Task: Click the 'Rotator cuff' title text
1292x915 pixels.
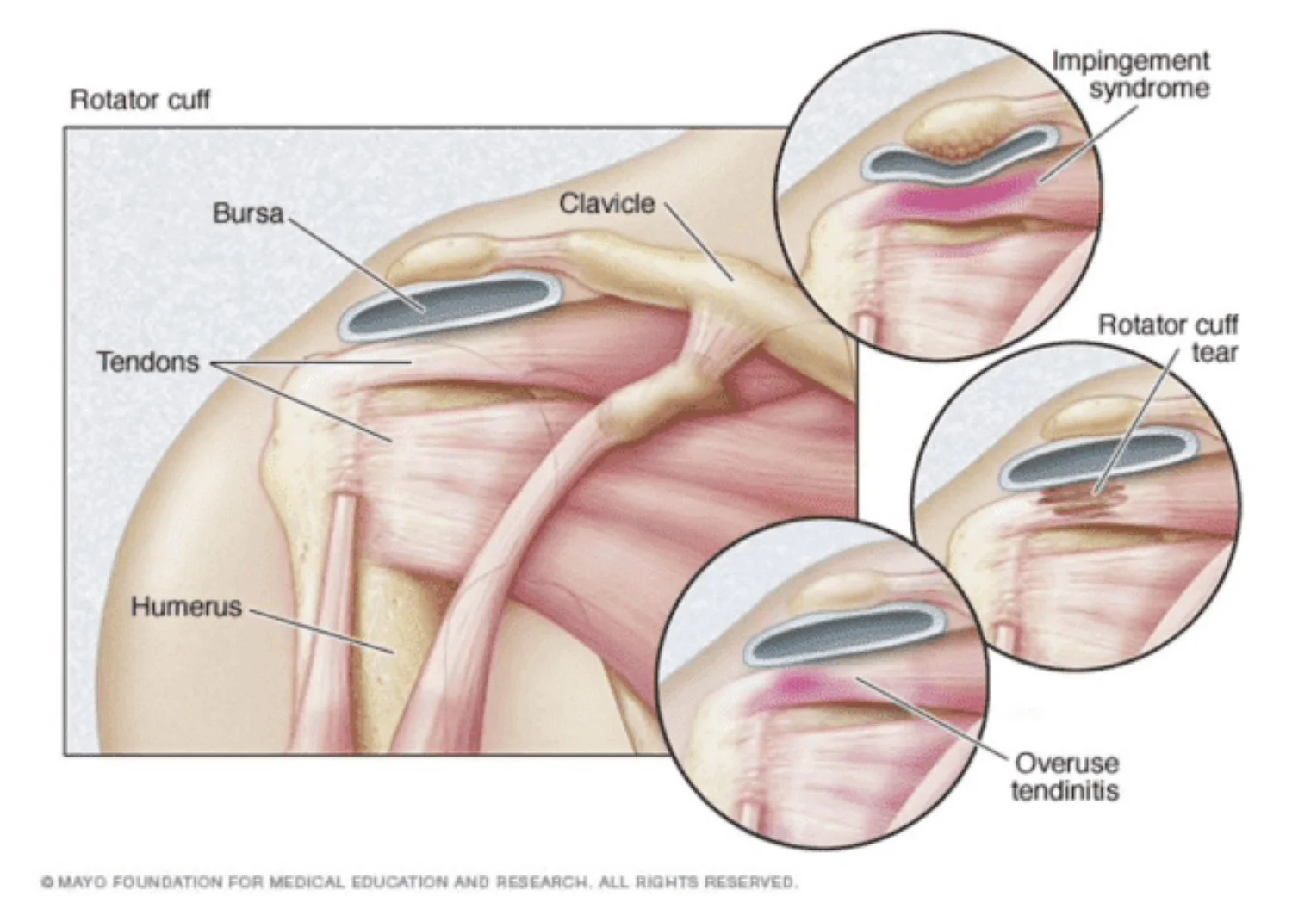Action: pos(140,100)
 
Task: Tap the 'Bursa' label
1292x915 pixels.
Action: pos(248,213)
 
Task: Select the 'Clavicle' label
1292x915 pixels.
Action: pos(607,204)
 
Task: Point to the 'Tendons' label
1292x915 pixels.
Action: pos(147,362)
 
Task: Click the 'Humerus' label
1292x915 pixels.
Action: pos(186,607)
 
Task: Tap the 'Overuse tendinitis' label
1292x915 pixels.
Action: pos(1065,776)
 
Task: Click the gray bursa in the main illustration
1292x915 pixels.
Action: pos(448,306)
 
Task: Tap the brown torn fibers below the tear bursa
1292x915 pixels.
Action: pos(1077,497)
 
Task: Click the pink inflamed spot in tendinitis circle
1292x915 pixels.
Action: pos(797,683)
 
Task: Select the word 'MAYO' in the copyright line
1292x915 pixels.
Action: pos(83,882)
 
